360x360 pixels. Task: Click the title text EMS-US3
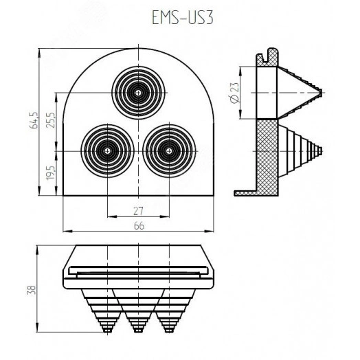(179, 19)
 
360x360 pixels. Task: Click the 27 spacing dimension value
(138, 211)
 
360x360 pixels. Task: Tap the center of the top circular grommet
(139, 91)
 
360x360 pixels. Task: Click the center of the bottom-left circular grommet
(106, 150)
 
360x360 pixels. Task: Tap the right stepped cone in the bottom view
(170, 309)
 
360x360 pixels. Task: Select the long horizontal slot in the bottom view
(139, 273)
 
